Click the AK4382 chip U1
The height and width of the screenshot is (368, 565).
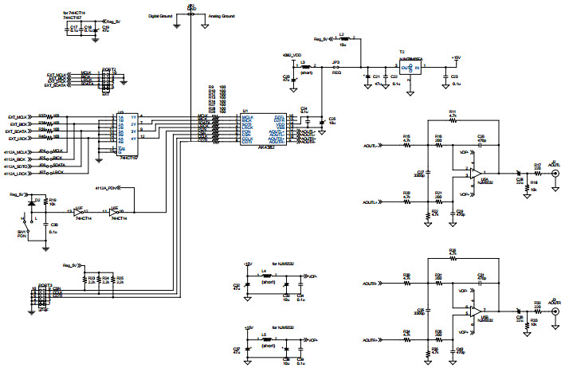(263, 127)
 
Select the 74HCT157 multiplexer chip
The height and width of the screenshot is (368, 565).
(127, 135)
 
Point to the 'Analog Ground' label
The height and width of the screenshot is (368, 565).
(222, 16)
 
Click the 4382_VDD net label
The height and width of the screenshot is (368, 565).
(292, 56)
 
